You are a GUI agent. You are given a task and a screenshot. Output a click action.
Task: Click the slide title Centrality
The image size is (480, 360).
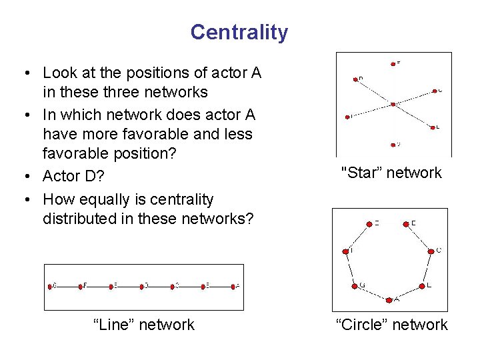tap(239, 32)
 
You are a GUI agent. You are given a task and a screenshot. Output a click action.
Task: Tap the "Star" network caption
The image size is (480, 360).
tap(391, 173)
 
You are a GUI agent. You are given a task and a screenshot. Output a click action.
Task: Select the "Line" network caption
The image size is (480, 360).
tap(144, 325)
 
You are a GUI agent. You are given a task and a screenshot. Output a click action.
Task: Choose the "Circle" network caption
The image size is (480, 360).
tap(392, 325)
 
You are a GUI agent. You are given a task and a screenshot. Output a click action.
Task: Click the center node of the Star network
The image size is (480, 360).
tap(393, 104)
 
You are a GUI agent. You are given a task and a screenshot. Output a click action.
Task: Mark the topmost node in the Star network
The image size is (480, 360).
tap(393, 63)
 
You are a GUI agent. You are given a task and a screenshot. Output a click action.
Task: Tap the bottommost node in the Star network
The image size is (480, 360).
tap(393, 143)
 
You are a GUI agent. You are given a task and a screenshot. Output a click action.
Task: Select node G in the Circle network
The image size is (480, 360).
tap(355, 285)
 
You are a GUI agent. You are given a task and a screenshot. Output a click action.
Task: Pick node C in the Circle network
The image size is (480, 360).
tap(431, 251)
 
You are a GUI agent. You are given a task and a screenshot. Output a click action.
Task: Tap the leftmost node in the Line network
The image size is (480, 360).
tap(50, 286)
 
